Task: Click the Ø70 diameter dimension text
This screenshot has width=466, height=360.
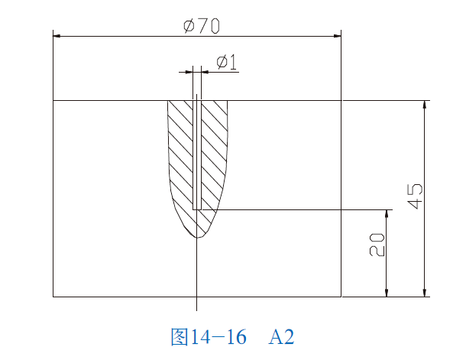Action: [x=202, y=25]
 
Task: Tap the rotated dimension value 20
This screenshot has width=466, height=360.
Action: [x=377, y=245]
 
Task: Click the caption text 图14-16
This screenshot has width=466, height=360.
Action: [x=209, y=337]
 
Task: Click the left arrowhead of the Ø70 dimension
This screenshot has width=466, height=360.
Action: [x=57, y=35]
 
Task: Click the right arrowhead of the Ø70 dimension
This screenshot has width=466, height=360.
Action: [x=337, y=35]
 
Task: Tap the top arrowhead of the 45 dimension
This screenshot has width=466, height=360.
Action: [x=424, y=105]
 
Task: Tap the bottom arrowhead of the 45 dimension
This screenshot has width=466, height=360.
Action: [x=424, y=292]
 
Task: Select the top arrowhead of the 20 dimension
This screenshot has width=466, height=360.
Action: [x=387, y=214]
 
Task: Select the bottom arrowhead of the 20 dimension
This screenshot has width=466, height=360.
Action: [x=387, y=292]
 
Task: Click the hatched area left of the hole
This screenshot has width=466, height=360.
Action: [x=182, y=153]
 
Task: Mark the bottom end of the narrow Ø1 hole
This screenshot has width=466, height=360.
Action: [x=197, y=209]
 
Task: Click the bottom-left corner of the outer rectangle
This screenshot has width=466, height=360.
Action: [x=53, y=296]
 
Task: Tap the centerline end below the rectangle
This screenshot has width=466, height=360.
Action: [x=196, y=310]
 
